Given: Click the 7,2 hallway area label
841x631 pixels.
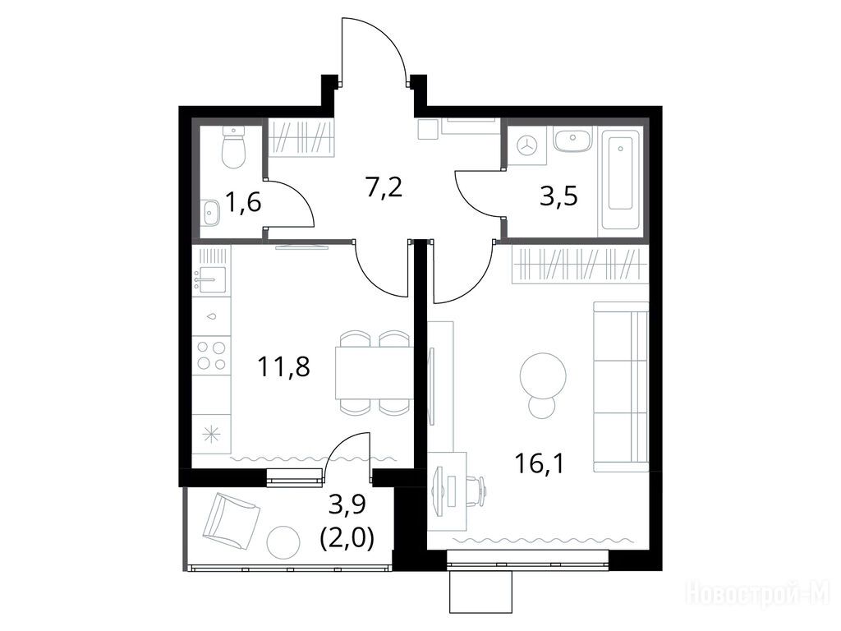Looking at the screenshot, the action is [x=384, y=189].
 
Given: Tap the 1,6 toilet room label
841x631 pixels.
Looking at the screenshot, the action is [x=243, y=203].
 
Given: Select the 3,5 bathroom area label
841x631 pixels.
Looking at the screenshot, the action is [x=558, y=196].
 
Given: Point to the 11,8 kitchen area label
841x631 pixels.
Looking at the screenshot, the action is [x=283, y=367].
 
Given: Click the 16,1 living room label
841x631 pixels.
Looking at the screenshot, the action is [x=539, y=463].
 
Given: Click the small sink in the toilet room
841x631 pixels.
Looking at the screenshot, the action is [x=211, y=213].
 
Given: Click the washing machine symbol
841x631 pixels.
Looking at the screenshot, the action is [x=529, y=145].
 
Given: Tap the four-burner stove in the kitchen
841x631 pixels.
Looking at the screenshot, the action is [x=211, y=355].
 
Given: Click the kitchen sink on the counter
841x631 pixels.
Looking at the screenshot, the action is [x=211, y=279].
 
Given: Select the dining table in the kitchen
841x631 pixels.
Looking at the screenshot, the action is [x=374, y=372].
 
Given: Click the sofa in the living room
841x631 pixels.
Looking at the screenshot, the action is [x=621, y=386].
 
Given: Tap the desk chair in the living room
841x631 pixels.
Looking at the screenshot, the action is [x=477, y=488].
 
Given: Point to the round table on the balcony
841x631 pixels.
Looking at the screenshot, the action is [x=283, y=542].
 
